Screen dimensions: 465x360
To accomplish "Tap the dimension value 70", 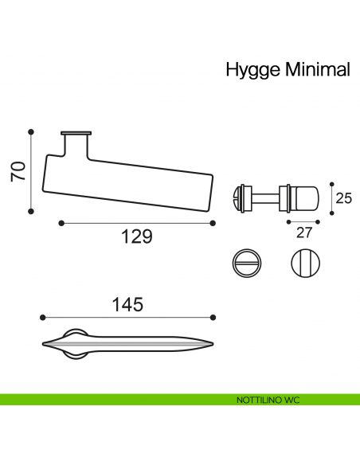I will (x=18, y=171).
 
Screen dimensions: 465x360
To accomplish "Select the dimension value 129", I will (x=135, y=237).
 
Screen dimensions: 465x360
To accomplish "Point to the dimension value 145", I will (x=127, y=304).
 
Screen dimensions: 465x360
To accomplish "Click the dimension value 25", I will (x=343, y=198).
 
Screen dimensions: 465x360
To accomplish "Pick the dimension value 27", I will (x=303, y=232).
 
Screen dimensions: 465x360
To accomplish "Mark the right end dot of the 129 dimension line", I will (x=212, y=223).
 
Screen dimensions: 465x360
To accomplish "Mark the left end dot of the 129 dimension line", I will (x=61, y=223).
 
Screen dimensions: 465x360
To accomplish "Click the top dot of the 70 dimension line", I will (x=31, y=131).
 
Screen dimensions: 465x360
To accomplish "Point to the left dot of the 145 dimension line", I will (x=42, y=317).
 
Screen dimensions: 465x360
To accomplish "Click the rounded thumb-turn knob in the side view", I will (x=304, y=197).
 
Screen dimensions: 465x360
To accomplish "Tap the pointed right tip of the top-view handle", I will (x=213, y=343).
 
